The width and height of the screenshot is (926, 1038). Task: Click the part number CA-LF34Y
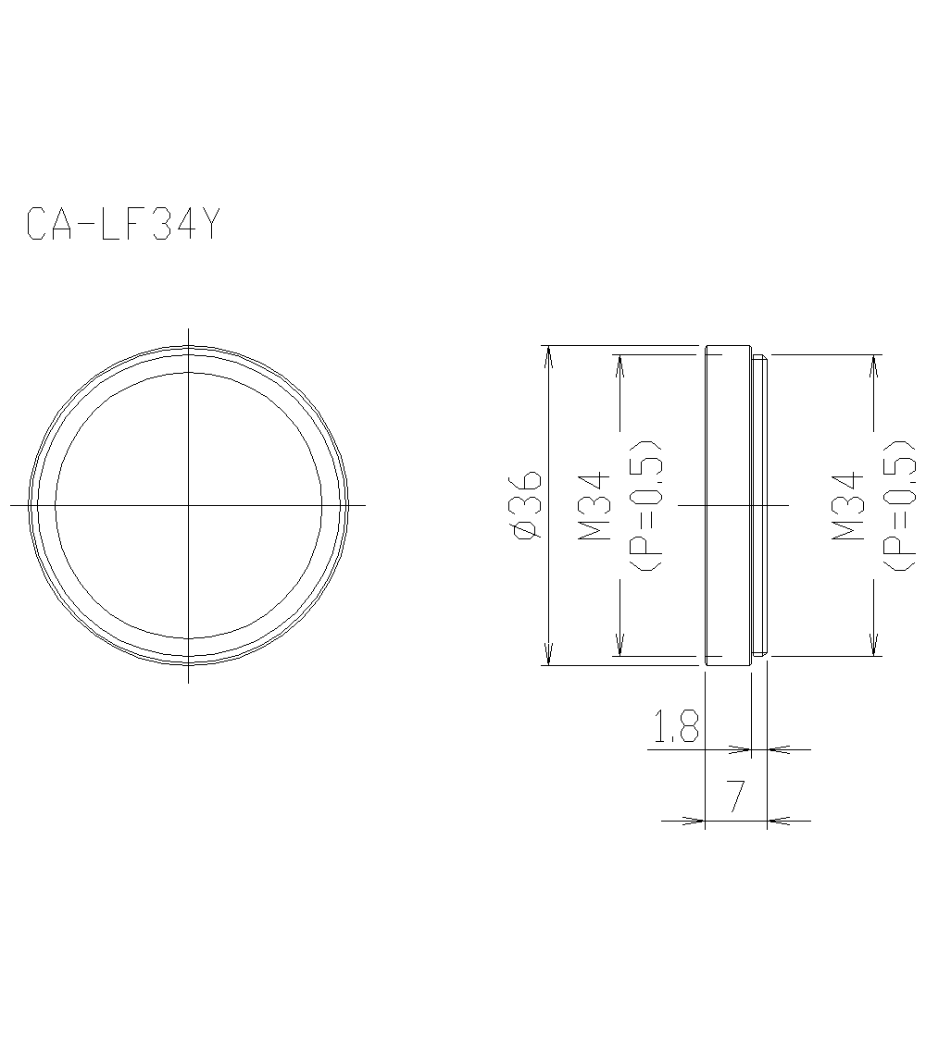(x=123, y=225)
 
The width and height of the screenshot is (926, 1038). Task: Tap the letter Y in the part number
(x=209, y=225)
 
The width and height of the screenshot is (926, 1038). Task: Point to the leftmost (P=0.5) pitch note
(x=650, y=505)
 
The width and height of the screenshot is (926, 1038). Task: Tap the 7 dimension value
(x=736, y=797)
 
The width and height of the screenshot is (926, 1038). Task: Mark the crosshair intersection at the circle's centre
(x=189, y=505)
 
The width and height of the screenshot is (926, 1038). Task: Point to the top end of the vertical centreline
(x=189, y=329)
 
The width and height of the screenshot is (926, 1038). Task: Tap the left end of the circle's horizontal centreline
(x=12, y=505)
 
